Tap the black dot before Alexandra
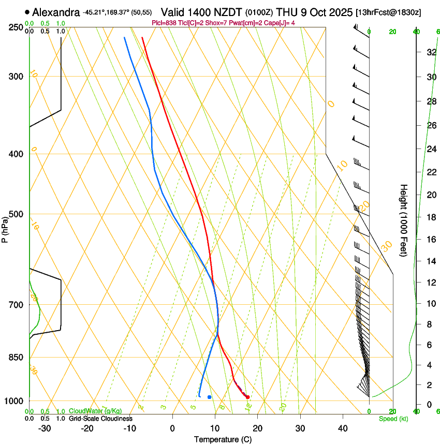pos(27,12)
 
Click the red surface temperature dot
pos(247,397)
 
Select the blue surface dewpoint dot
pos(209,397)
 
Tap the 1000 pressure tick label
pos(16,401)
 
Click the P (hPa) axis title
pos(5,228)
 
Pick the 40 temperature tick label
pos(342,428)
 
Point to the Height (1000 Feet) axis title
pos(404,220)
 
